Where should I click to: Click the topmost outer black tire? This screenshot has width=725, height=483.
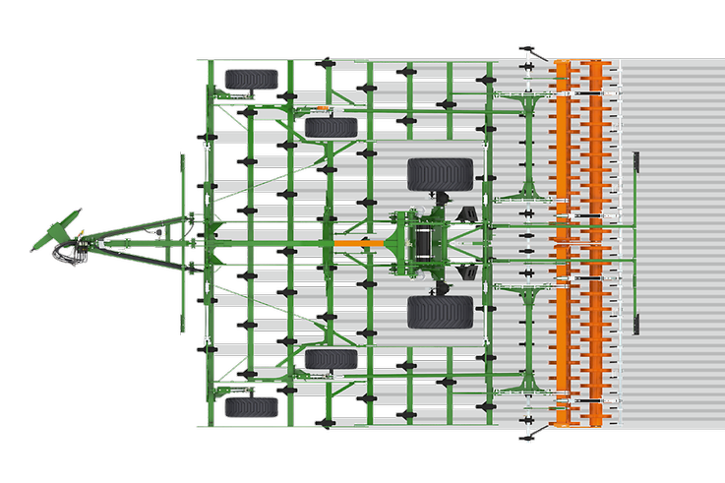point(245,79)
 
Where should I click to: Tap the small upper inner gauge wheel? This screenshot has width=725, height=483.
point(330,127)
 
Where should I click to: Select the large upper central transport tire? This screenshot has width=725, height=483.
point(440,174)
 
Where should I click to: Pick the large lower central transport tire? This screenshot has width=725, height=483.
point(440,312)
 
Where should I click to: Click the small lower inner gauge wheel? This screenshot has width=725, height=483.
point(330,359)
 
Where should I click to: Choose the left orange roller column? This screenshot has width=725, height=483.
point(564,242)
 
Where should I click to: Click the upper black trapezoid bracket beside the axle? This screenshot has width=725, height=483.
point(471,214)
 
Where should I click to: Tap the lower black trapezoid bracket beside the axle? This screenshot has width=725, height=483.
point(471,269)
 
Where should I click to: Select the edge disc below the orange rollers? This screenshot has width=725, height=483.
point(529,433)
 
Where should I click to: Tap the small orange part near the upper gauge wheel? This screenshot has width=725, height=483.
point(322,106)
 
